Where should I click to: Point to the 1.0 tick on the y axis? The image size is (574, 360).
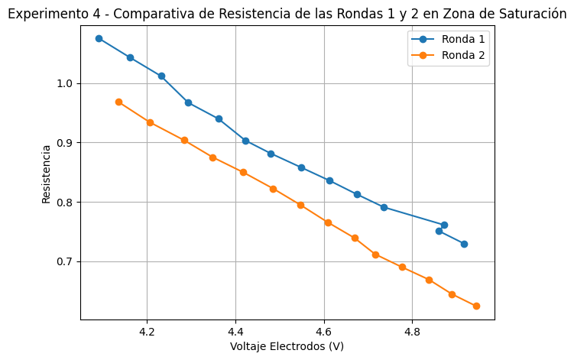[x=66, y=83]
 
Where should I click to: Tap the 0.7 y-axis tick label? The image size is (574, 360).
[x=66, y=261]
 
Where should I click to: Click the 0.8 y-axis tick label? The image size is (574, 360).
[x=66, y=203]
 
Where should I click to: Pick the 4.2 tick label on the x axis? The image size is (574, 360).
[x=147, y=332]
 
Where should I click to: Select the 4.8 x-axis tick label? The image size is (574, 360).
[x=412, y=332]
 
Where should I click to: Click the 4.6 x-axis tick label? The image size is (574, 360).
[x=324, y=332]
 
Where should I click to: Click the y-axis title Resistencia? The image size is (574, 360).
[x=47, y=174]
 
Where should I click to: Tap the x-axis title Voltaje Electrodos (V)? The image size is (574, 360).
[x=287, y=346]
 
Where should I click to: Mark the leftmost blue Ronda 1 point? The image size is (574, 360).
[x=99, y=38]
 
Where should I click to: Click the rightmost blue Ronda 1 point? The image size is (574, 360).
[x=464, y=244]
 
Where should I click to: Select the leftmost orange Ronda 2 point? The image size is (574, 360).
[x=118, y=102]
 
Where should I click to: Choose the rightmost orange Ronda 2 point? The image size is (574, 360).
[x=476, y=306]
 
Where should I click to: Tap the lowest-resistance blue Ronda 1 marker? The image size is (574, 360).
[x=464, y=244]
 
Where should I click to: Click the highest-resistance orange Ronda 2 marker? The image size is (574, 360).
[x=118, y=102]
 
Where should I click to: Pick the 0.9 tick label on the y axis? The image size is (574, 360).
[x=66, y=143]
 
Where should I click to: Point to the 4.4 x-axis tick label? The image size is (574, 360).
[x=235, y=332]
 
